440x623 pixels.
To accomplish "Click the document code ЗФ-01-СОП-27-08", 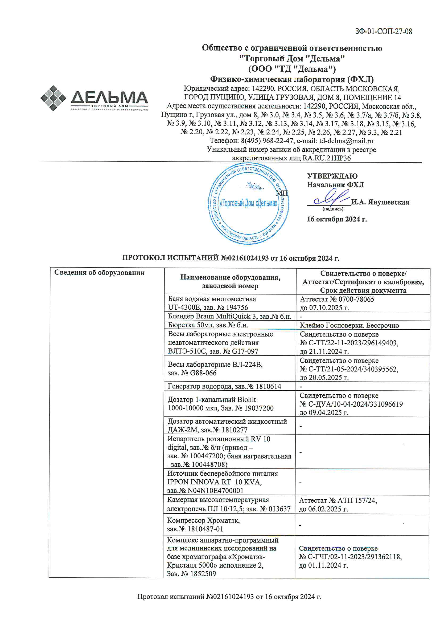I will point(383,31).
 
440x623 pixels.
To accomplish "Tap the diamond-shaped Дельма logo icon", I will point(53,98).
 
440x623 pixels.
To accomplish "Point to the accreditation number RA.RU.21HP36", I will point(326,158).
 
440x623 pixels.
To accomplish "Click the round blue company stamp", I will point(248,204).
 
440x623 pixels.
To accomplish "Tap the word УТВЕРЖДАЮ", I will point(332,176).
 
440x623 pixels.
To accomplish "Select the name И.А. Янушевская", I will point(380,202).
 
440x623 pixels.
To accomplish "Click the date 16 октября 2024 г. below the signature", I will point(337,219).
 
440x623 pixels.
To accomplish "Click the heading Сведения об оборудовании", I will point(99,272).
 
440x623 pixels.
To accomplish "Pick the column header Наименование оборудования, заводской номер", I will point(230,281).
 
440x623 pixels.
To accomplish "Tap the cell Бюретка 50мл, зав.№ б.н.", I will point(208,325).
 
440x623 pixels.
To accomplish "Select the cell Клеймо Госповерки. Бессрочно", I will point(349,325).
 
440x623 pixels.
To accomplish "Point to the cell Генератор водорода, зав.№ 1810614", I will point(224,386).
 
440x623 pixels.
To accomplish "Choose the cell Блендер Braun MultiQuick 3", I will point(229,316).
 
